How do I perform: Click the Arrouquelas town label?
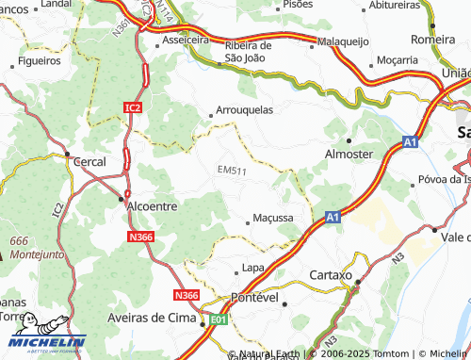[245, 109]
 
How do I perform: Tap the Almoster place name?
[349, 154]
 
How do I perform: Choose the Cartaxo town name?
[330, 275]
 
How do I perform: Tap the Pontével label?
[257, 297]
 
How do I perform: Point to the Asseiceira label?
[186, 41]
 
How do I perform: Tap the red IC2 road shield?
[133, 108]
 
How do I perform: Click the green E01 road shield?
[219, 320]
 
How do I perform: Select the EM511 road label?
[231, 171]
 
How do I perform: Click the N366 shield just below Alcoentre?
[141, 237]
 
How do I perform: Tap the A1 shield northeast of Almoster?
[410, 141]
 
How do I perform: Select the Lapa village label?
[252, 268]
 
